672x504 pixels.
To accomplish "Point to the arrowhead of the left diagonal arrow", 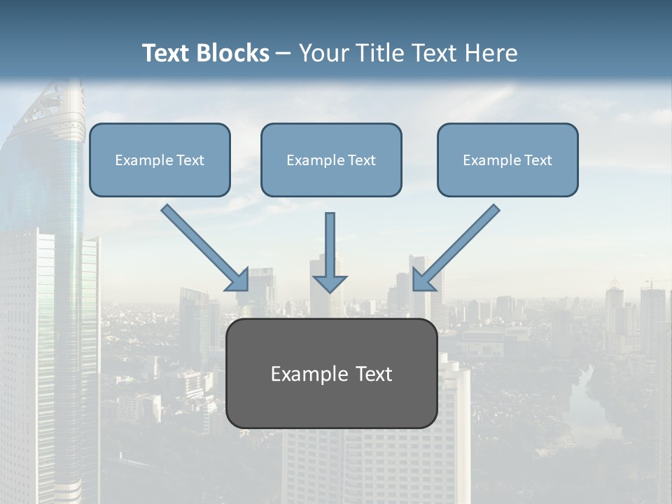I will [239, 280].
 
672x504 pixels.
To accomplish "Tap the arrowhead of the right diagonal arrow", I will [422, 279].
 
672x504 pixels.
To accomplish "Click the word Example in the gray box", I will [309, 374].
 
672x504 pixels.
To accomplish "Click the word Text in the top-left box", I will [190, 160].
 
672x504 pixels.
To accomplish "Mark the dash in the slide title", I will [283, 53].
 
